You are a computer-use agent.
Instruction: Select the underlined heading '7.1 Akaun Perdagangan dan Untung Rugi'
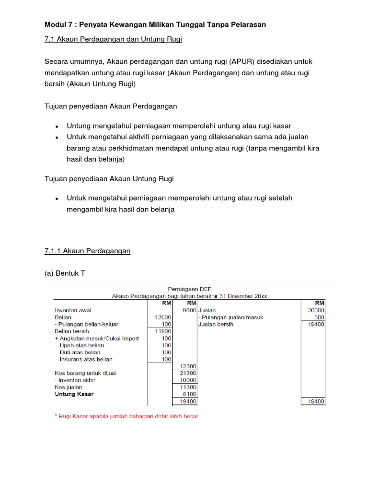pos(113,39)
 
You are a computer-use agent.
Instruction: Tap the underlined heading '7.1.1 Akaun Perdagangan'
pos(87,251)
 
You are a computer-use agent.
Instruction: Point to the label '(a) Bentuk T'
pos(64,273)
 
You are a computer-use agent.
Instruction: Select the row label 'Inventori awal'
pos(73,310)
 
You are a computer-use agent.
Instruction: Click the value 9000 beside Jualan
pos(189,310)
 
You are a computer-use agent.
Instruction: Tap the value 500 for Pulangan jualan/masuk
pos(319,317)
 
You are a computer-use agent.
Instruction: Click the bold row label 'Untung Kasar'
pos(74,394)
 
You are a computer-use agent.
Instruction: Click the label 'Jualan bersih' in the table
pos(216,324)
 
